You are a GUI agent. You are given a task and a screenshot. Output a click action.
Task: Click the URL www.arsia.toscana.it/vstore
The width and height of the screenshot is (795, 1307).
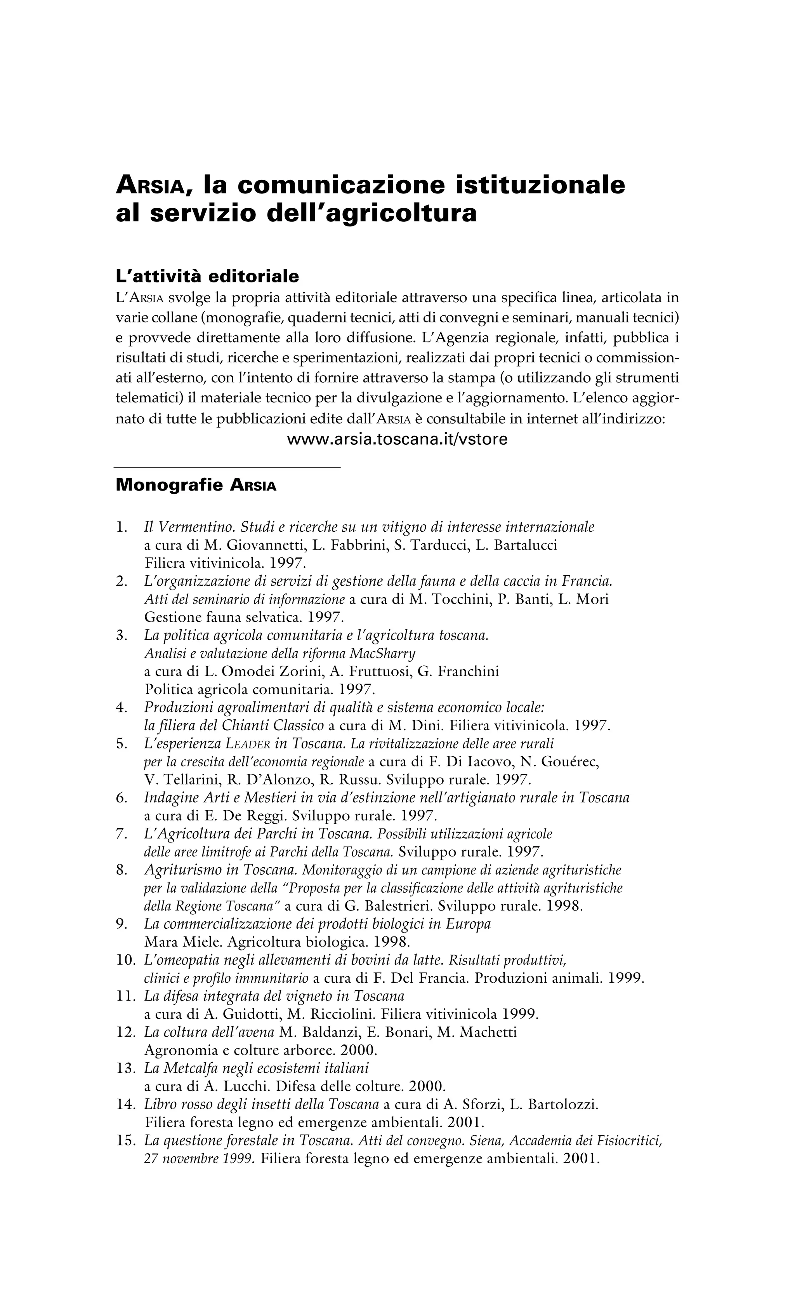(397, 440)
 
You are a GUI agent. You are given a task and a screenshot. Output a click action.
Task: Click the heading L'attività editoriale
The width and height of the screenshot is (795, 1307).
(207, 277)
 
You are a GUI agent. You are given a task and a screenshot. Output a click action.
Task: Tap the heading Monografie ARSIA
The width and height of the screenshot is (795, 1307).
(196, 486)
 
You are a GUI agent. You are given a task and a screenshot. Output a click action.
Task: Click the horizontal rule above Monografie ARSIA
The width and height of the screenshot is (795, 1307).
(227, 467)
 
